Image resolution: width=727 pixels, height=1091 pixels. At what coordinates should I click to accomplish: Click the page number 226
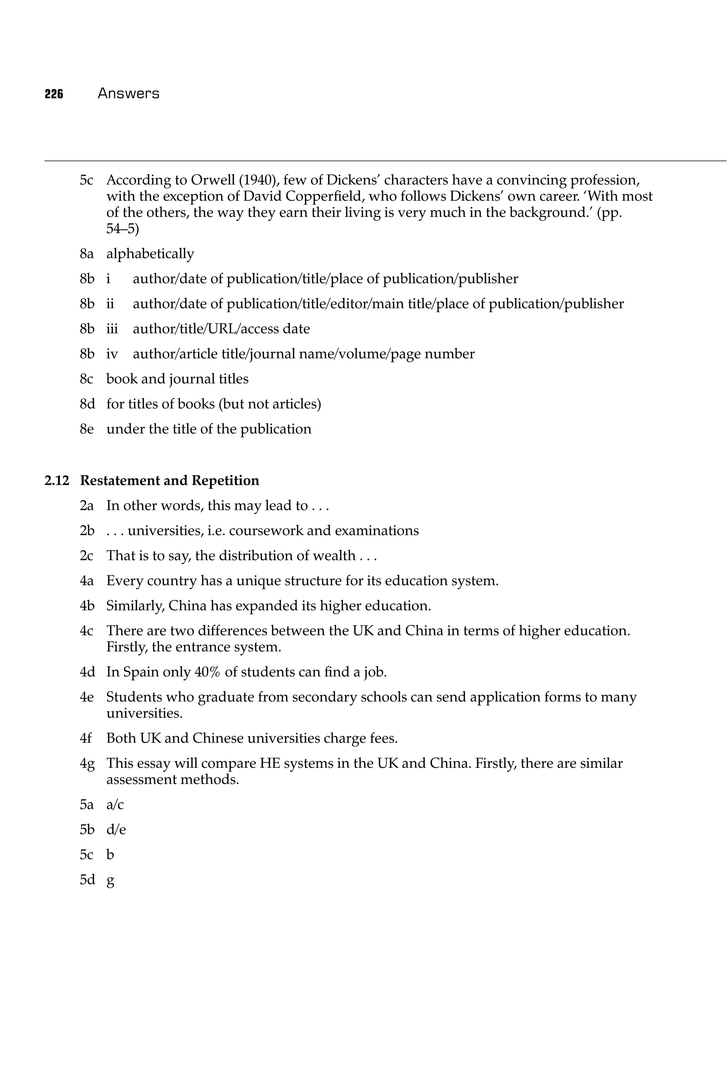pyautogui.click(x=54, y=94)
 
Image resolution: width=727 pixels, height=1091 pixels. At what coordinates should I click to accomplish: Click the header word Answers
pyautogui.click(x=129, y=94)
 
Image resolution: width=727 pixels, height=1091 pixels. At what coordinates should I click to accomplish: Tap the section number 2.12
pyautogui.click(x=56, y=481)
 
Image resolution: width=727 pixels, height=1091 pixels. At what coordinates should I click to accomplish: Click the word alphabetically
pyautogui.click(x=150, y=254)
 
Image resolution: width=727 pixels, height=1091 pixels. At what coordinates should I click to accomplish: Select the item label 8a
pyautogui.click(x=87, y=254)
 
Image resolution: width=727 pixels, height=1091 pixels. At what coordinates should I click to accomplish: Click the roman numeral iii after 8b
pyautogui.click(x=112, y=329)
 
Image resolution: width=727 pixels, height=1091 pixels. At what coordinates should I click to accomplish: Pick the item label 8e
pyautogui.click(x=87, y=429)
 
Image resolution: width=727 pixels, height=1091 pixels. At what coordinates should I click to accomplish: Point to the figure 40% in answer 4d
pyautogui.click(x=207, y=672)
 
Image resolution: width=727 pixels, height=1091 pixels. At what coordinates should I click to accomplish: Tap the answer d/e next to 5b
pyautogui.click(x=116, y=830)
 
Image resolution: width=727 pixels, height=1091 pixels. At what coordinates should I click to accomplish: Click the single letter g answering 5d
pyautogui.click(x=110, y=880)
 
